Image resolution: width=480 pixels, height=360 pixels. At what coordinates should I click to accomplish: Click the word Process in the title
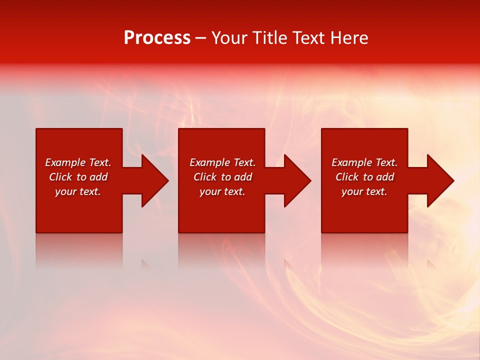click(157, 38)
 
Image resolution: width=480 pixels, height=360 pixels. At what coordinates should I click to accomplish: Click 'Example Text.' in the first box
click(78, 162)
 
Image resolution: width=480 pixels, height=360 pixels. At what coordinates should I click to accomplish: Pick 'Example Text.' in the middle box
click(222, 162)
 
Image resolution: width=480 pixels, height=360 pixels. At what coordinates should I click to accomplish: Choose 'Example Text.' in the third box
click(364, 162)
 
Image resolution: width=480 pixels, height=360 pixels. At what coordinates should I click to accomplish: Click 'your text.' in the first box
click(78, 191)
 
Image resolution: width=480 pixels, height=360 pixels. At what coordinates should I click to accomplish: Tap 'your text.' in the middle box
click(222, 191)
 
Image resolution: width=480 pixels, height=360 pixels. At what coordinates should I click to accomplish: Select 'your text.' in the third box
click(364, 191)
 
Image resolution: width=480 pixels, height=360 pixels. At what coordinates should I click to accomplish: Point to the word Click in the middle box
click(205, 177)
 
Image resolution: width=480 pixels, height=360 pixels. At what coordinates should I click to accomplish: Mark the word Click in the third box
click(347, 177)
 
